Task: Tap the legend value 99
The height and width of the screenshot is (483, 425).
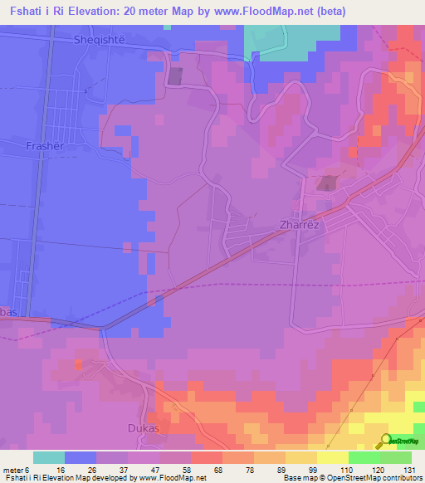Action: click(301, 470)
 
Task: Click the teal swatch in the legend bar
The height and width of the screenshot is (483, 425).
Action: click(49, 457)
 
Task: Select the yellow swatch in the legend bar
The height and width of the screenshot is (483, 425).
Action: click(332, 457)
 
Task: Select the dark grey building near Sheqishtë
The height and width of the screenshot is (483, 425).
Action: click(176, 76)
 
